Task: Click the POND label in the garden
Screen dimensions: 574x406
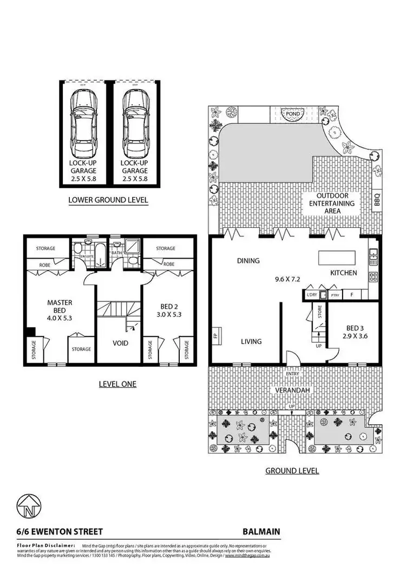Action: pyautogui.click(x=292, y=114)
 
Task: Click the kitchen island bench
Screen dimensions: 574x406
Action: pyautogui.click(x=339, y=256)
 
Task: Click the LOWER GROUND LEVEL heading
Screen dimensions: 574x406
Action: pyautogui.click(x=108, y=200)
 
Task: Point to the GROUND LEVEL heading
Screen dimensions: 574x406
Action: pyautogui.click(x=292, y=471)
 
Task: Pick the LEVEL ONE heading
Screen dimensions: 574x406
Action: pyautogui.click(x=117, y=384)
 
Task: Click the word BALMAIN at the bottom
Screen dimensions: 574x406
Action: pyautogui.click(x=261, y=532)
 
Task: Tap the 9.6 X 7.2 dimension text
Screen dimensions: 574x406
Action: pyautogui.click(x=291, y=280)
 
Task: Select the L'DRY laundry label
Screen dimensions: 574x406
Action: pyautogui.click(x=311, y=295)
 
